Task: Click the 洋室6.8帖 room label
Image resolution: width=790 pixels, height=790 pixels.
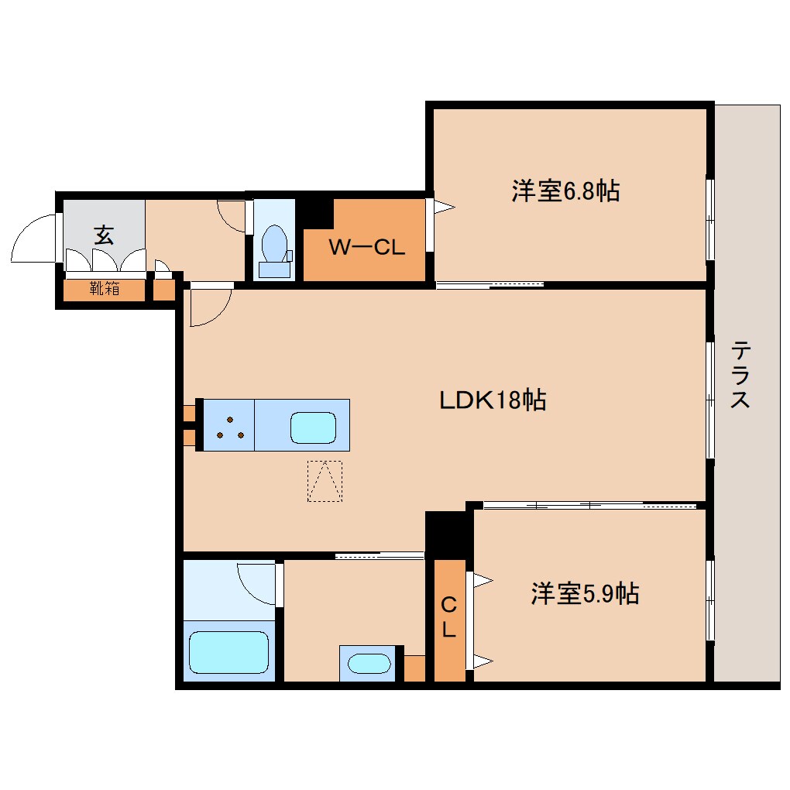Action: (565, 191)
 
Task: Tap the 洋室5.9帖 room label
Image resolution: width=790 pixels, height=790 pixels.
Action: (585, 594)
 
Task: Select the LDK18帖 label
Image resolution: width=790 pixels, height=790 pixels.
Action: (493, 400)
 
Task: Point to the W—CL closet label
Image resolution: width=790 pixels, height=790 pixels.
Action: (366, 248)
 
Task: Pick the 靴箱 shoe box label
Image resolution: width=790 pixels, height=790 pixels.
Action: (105, 290)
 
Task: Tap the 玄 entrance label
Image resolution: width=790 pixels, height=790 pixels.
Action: (104, 235)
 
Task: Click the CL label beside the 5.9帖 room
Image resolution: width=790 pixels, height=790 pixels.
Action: (449, 617)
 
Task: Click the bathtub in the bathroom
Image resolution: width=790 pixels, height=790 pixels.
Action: (229, 652)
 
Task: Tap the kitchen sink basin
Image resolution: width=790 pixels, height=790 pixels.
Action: (313, 428)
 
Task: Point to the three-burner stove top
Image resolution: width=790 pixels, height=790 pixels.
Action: (230, 426)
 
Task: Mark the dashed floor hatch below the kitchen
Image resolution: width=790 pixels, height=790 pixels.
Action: (325, 481)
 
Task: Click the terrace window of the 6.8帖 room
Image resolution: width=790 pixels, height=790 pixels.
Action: (709, 220)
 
